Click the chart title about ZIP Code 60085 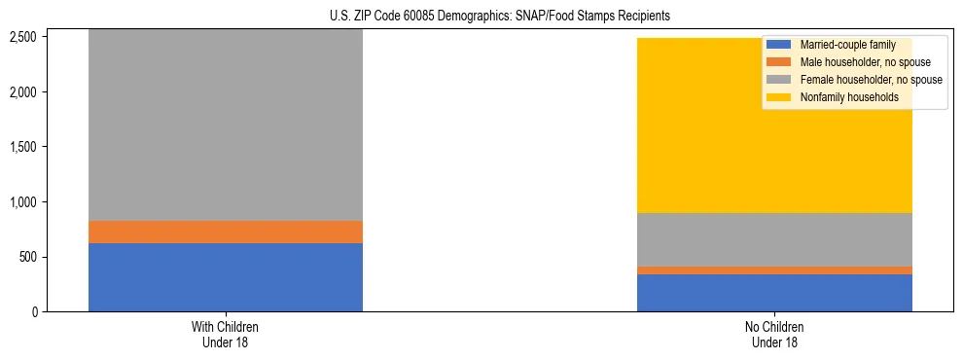(x=482, y=17)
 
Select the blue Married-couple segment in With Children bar (x=226, y=277)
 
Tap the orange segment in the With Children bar (x=226, y=232)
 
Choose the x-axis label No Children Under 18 (x=774, y=335)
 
